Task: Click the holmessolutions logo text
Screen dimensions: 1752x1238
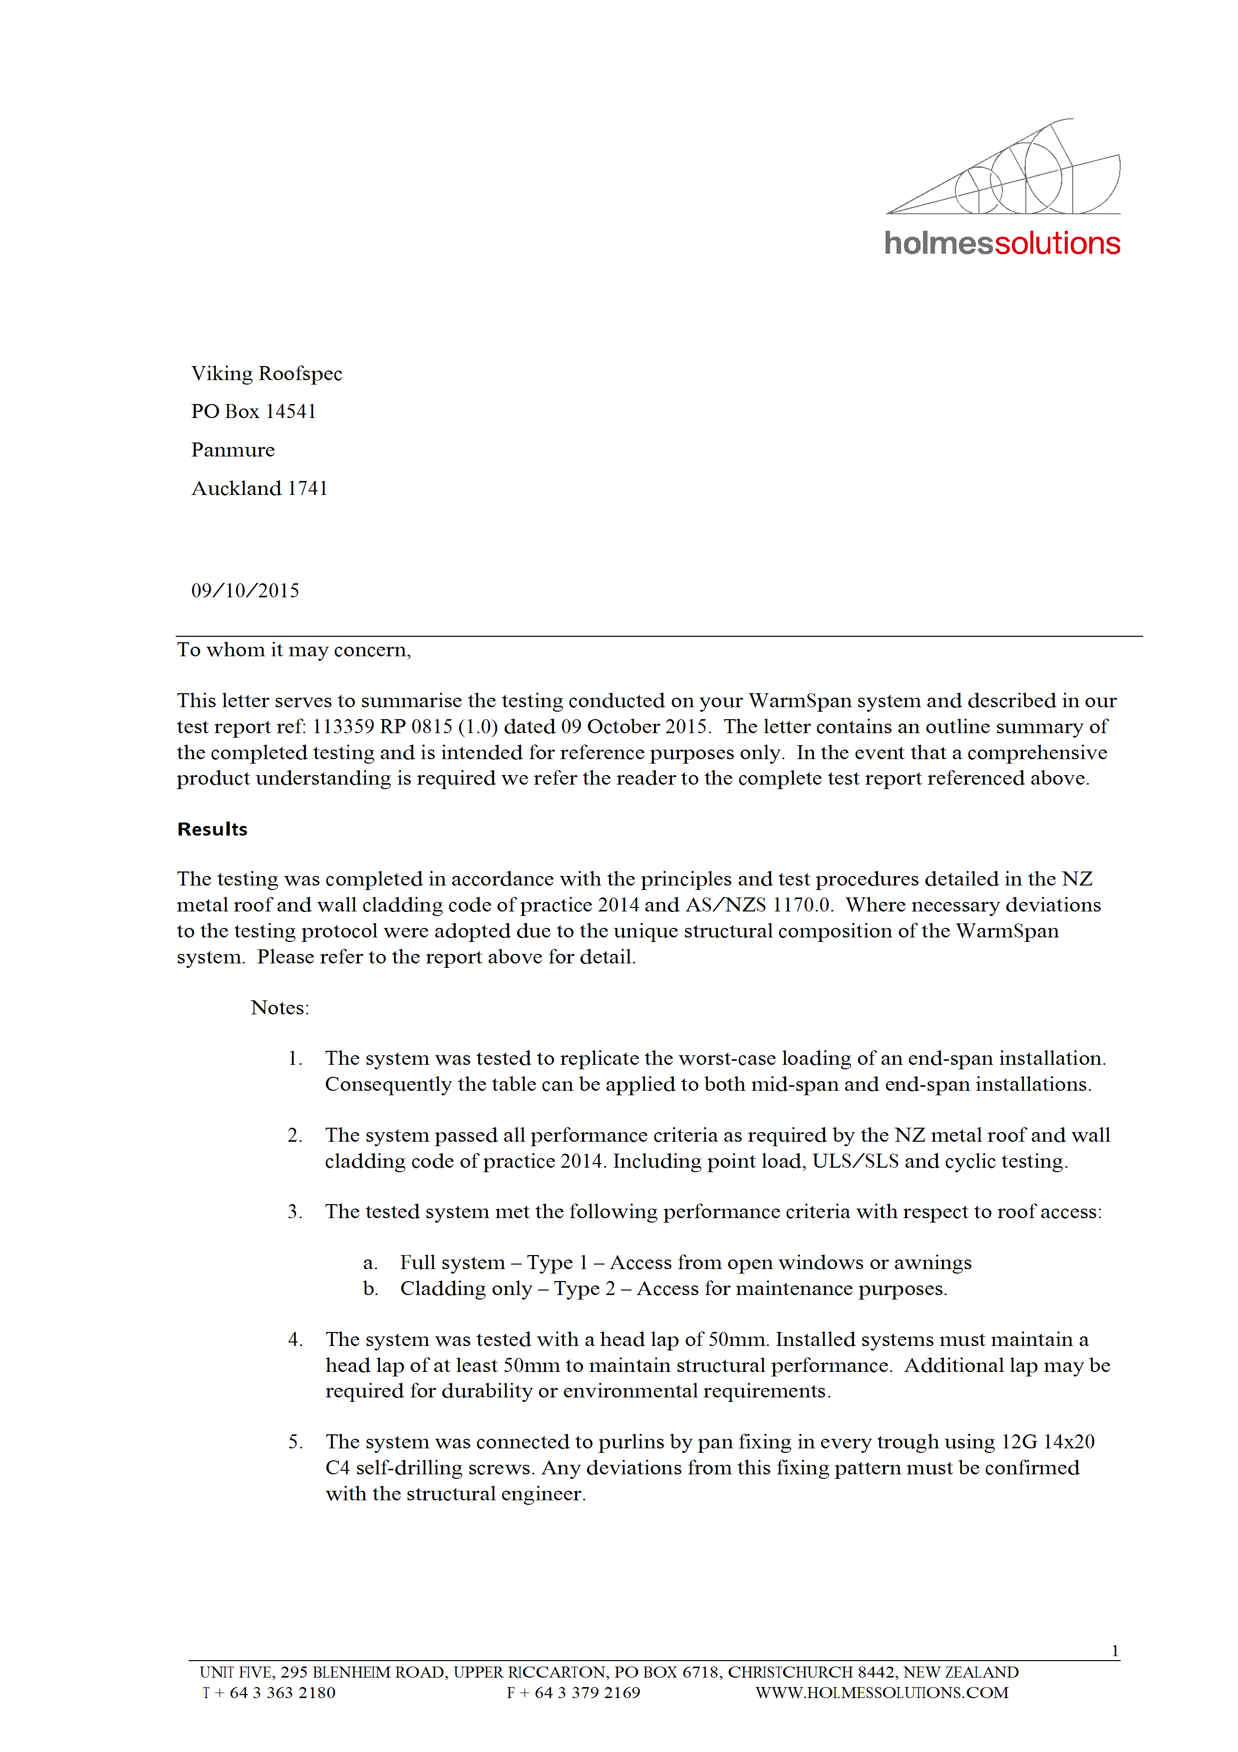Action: click(1001, 243)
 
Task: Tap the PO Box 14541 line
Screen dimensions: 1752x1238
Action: click(253, 412)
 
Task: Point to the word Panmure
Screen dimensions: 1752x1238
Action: click(233, 449)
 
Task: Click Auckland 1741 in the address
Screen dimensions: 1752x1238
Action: click(260, 488)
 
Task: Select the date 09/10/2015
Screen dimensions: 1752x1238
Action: click(245, 591)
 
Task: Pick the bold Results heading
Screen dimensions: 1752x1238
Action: click(212, 830)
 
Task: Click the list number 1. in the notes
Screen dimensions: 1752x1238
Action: click(295, 1058)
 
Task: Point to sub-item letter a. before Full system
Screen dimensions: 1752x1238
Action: click(370, 1263)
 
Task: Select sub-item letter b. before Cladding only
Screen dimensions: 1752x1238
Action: click(370, 1289)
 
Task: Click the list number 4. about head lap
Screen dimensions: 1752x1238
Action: click(295, 1340)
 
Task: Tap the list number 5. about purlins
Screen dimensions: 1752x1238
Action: click(295, 1442)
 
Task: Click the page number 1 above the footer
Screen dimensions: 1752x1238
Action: click(1114, 1651)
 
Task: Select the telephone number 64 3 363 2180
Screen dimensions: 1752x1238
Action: click(282, 1693)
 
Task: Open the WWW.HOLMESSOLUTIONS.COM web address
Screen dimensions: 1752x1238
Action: click(882, 1693)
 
